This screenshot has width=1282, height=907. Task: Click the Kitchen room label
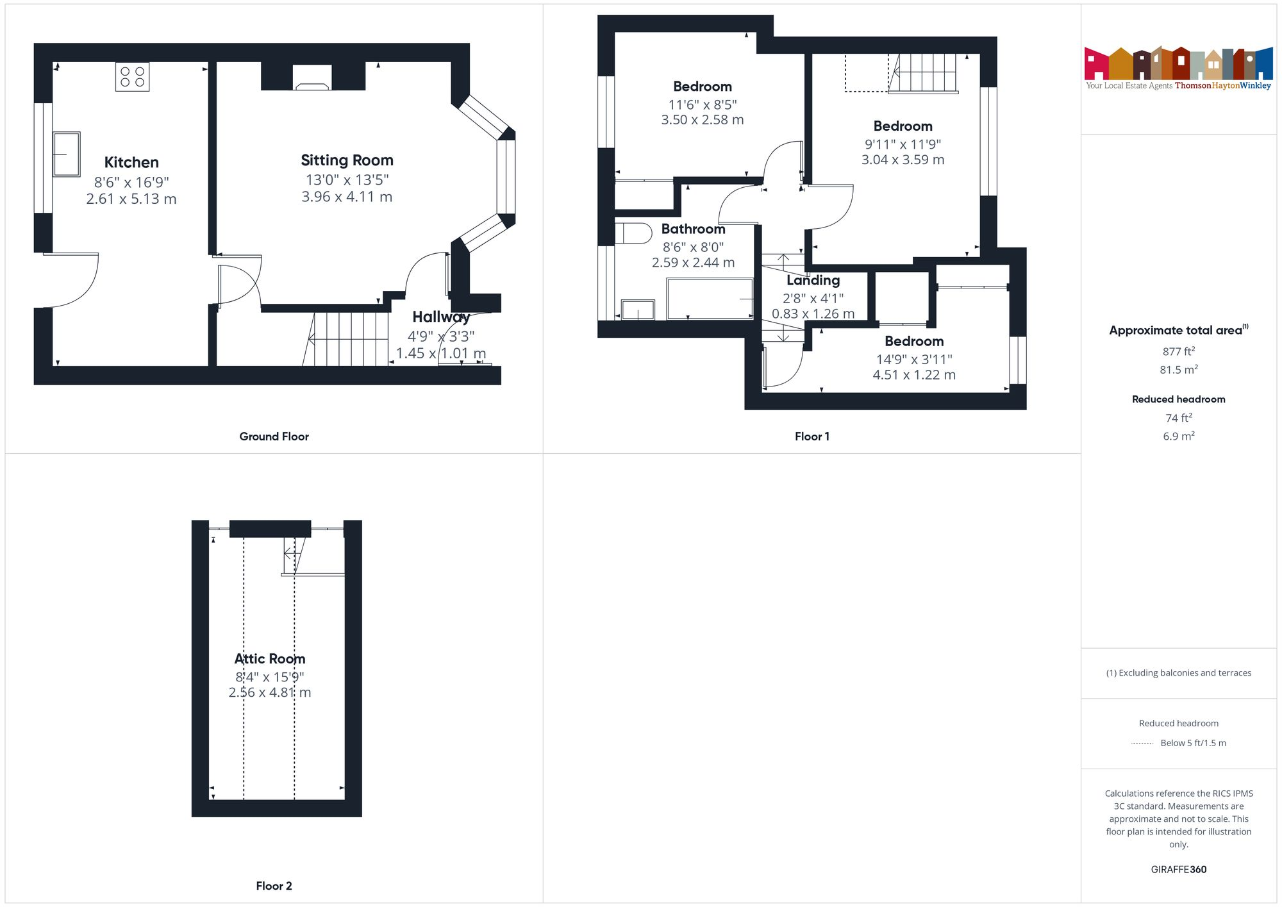pyautogui.click(x=131, y=162)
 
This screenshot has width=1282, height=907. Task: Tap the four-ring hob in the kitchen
pyautogui.click(x=133, y=77)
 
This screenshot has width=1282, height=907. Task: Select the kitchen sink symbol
pyautogui.click(x=66, y=154)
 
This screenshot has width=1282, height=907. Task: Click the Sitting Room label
pyautogui.click(x=347, y=160)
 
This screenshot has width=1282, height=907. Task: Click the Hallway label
pyautogui.click(x=441, y=317)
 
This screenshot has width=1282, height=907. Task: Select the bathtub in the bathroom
pyautogui.click(x=710, y=299)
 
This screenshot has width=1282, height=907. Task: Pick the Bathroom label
pyautogui.click(x=693, y=229)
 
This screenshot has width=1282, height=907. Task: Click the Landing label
pyautogui.click(x=813, y=280)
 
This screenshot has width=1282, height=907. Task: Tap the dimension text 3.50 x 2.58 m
pyautogui.click(x=703, y=120)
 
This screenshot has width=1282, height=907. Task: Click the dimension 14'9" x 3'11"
pyautogui.click(x=914, y=359)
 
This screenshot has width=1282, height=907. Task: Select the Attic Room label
pyautogui.click(x=270, y=658)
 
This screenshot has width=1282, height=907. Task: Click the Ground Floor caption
pyautogui.click(x=274, y=437)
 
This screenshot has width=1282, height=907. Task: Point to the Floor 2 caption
pyautogui.click(x=274, y=886)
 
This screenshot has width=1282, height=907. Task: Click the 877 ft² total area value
pyautogui.click(x=1178, y=351)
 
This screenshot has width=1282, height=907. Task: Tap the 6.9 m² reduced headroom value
pyautogui.click(x=1178, y=436)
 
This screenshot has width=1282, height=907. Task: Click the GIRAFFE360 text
pyautogui.click(x=1178, y=869)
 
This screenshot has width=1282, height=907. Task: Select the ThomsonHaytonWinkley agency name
pyautogui.click(x=1222, y=85)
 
